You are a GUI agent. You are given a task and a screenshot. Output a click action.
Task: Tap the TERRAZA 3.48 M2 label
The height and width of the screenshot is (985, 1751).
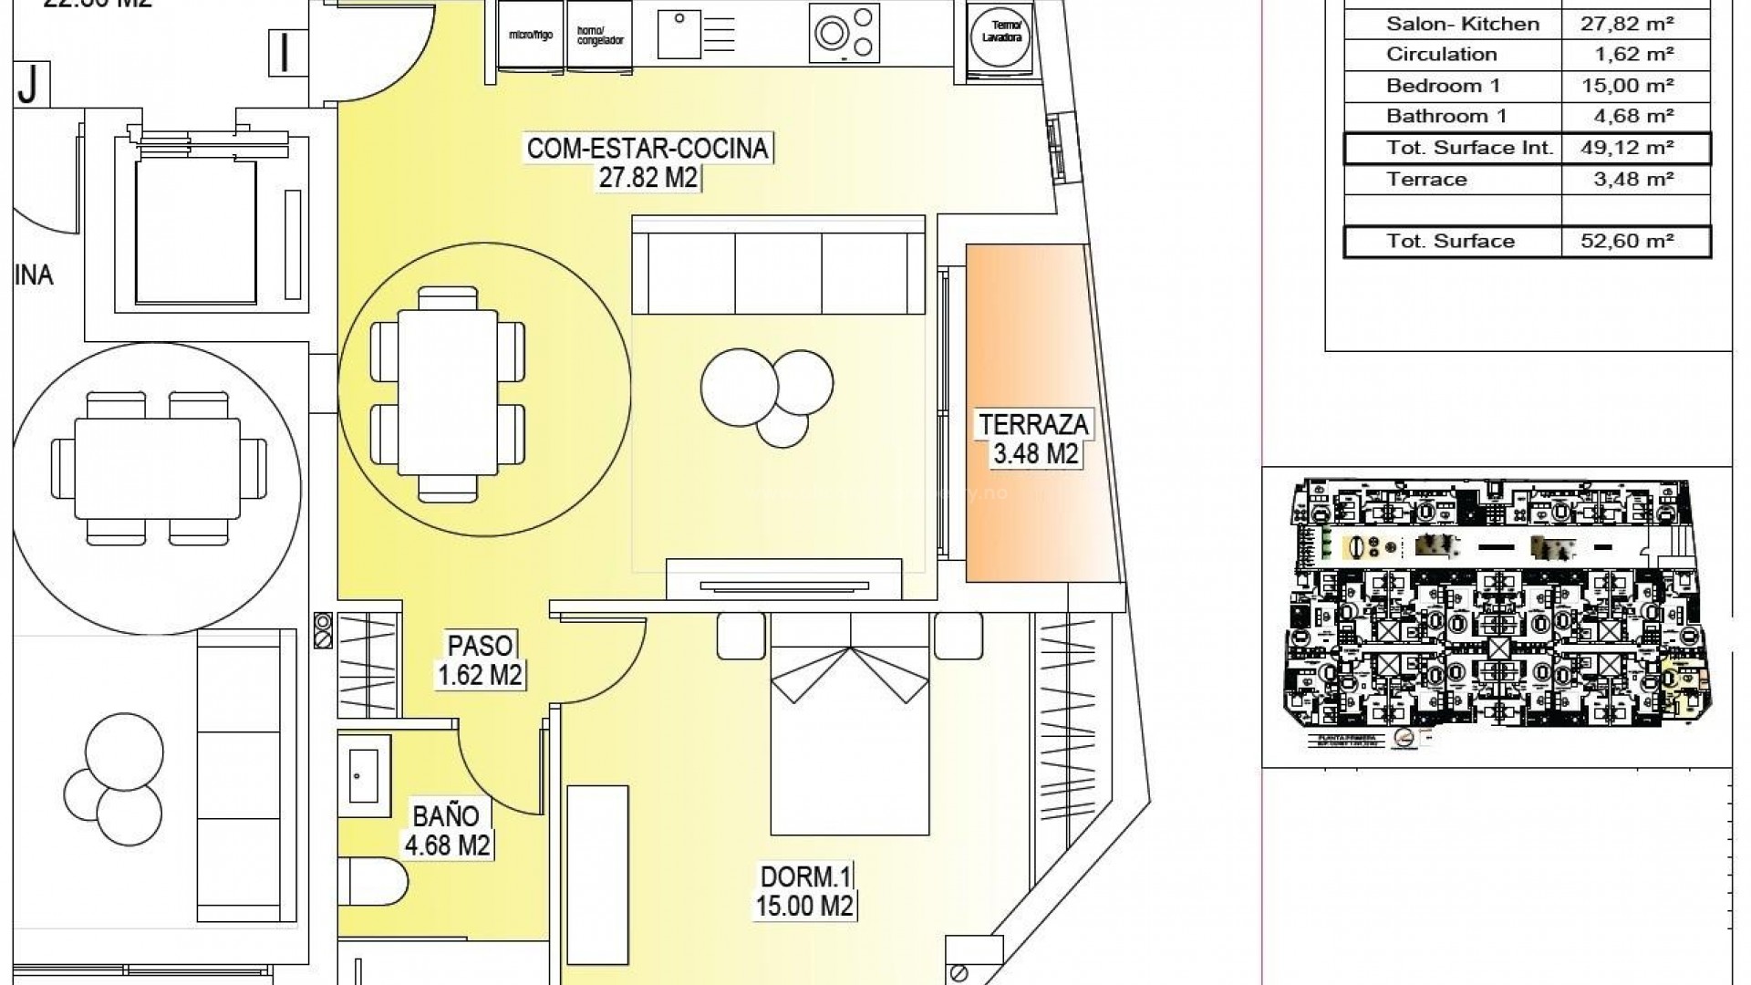tap(1034, 439)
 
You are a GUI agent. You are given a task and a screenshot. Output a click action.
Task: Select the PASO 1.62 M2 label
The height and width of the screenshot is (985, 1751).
tap(480, 659)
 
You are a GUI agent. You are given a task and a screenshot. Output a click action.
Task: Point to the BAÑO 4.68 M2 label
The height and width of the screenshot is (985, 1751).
tap(448, 829)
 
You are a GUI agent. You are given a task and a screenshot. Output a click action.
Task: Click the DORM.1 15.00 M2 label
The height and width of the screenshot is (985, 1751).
tap(805, 891)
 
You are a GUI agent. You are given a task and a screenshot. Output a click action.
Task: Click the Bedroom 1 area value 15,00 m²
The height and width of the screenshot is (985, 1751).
tap(1636, 86)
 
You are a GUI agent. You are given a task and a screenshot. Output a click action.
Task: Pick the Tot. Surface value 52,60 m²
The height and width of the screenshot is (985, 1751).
tap(1636, 242)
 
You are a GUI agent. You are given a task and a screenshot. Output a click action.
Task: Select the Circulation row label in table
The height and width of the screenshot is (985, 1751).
tap(1442, 55)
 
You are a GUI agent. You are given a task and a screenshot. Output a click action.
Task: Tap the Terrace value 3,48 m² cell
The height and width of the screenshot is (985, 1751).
tap(1636, 180)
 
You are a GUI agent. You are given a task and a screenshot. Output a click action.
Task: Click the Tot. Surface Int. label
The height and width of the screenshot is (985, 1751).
tap(1469, 148)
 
